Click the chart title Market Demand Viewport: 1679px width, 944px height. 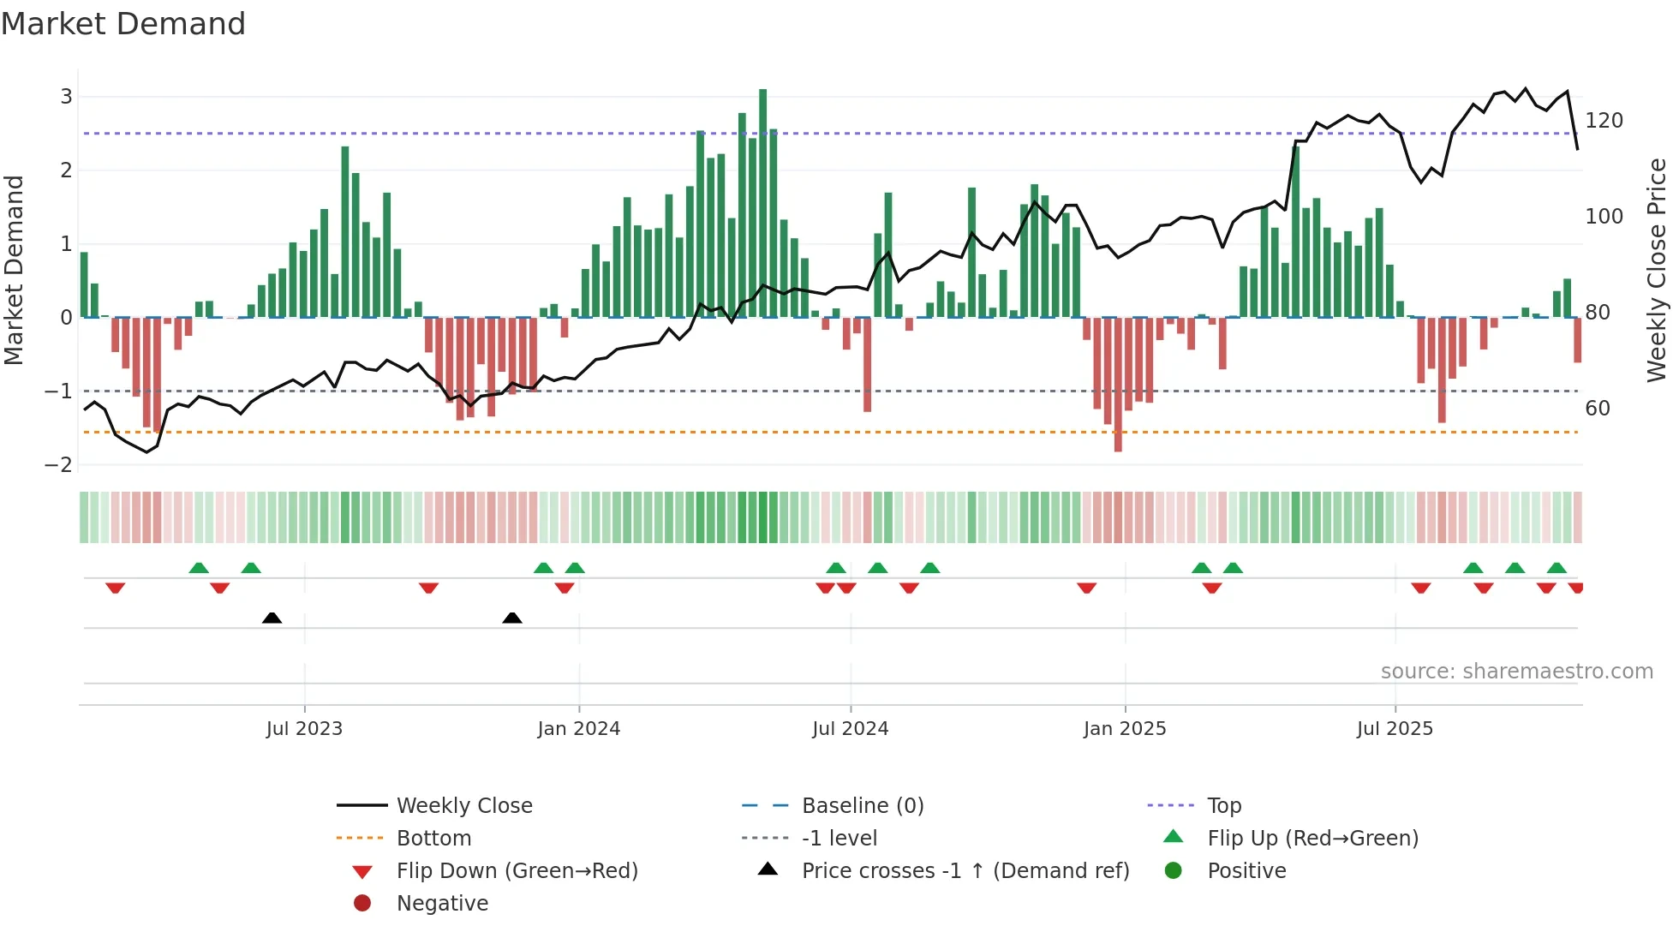click(x=123, y=24)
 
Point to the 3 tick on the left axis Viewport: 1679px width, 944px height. click(x=66, y=97)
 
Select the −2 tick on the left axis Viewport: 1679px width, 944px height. click(x=59, y=465)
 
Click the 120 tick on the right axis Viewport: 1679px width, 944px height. click(x=1604, y=121)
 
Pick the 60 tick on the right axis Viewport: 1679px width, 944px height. click(x=1598, y=409)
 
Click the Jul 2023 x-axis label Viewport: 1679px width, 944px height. click(x=304, y=729)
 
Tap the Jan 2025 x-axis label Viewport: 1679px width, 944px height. click(x=1124, y=729)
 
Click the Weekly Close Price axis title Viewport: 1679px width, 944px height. click(x=1657, y=270)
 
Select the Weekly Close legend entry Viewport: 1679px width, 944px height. click(x=463, y=806)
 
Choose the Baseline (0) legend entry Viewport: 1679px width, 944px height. click(x=862, y=806)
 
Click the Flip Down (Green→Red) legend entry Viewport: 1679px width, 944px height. click(x=517, y=871)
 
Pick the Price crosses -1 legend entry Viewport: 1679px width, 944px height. click(x=965, y=871)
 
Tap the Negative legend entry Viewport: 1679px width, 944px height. click(x=442, y=904)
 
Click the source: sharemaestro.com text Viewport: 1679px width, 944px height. click(x=1516, y=672)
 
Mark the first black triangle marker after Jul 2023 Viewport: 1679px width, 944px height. click(x=272, y=618)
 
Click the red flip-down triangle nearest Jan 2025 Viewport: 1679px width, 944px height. click(x=1087, y=588)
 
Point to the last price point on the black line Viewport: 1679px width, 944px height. click(x=1577, y=149)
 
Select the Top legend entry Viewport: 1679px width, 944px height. click(x=1224, y=806)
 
